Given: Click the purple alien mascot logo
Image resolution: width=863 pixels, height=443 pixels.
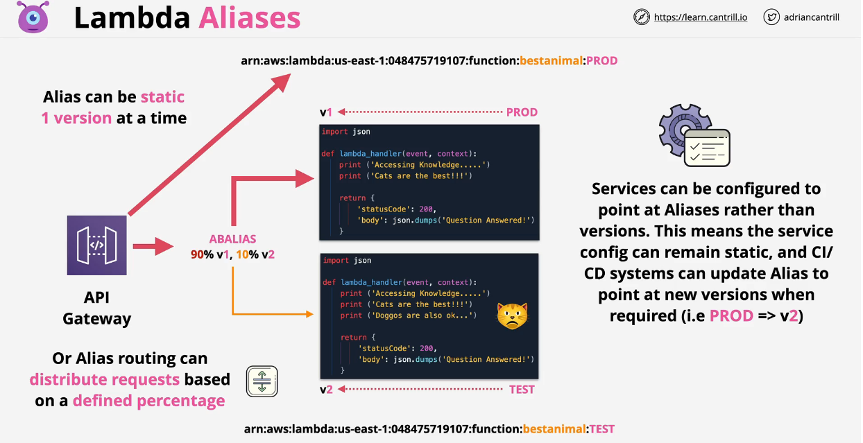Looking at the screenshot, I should click(x=33, y=17).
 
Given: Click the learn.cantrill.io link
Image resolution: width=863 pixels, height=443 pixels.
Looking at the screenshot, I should click(x=700, y=17).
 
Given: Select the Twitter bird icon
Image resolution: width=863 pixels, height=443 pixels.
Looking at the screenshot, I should click(x=771, y=17).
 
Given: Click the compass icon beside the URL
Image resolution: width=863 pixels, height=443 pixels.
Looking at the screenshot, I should click(x=642, y=17).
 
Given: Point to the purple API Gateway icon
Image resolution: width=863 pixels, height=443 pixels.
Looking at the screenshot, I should click(x=97, y=245).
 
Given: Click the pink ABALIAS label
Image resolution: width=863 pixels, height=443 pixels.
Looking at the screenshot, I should click(x=233, y=239).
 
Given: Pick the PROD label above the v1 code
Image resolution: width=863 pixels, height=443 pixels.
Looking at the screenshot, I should click(x=522, y=112).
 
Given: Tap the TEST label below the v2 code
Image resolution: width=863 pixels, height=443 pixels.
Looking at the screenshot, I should click(x=522, y=390).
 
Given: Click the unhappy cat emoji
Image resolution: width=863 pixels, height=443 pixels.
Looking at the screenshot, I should click(x=512, y=315).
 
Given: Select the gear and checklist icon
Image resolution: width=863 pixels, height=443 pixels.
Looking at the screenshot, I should click(x=694, y=137).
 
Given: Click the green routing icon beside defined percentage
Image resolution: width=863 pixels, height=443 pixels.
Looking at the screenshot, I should click(x=262, y=381).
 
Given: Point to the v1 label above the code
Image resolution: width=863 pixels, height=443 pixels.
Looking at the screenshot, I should click(x=326, y=112).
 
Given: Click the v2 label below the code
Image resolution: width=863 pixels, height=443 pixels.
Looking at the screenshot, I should click(x=326, y=390).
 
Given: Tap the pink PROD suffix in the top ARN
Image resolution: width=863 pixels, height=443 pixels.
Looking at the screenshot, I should click(x=601, y=61).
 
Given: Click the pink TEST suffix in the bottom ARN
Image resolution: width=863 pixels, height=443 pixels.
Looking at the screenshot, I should click(x=601, y=429).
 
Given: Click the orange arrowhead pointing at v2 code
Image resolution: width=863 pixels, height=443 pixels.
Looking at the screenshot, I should click(x=309, y=314).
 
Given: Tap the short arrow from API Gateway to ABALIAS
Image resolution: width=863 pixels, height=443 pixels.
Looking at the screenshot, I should click(x=153, y=245).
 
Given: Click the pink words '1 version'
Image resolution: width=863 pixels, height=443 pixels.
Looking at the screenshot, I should click(x=76, y=118).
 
